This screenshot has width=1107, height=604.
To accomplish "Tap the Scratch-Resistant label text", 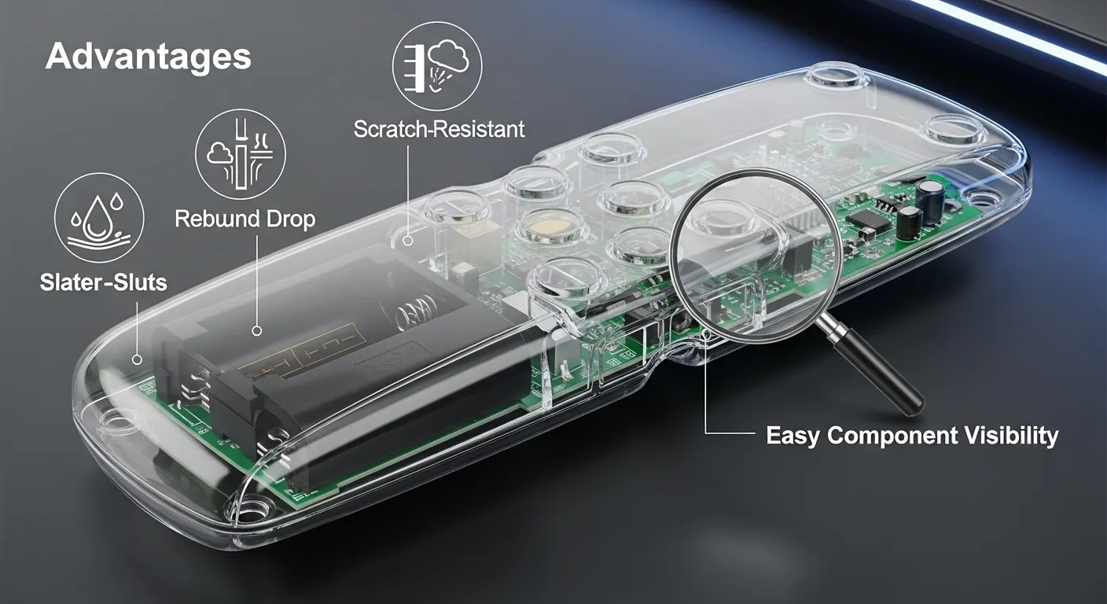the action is point(439,130).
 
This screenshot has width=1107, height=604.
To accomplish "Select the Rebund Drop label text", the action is point(245,219).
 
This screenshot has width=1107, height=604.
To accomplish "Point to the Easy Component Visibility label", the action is point(912,436).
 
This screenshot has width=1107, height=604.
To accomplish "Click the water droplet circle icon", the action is point(99,218).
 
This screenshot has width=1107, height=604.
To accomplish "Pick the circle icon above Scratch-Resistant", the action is point(437,66).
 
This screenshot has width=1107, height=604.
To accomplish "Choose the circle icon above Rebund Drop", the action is point(241,154).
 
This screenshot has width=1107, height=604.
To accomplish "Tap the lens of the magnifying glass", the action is point(755,256).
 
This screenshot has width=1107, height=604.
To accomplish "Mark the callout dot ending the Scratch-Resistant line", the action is point(408,241).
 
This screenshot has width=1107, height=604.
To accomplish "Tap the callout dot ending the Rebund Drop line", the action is point(256,330).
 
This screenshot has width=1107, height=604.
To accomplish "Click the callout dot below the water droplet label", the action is point(138,360).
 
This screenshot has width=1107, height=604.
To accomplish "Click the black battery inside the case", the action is point(341,366).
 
